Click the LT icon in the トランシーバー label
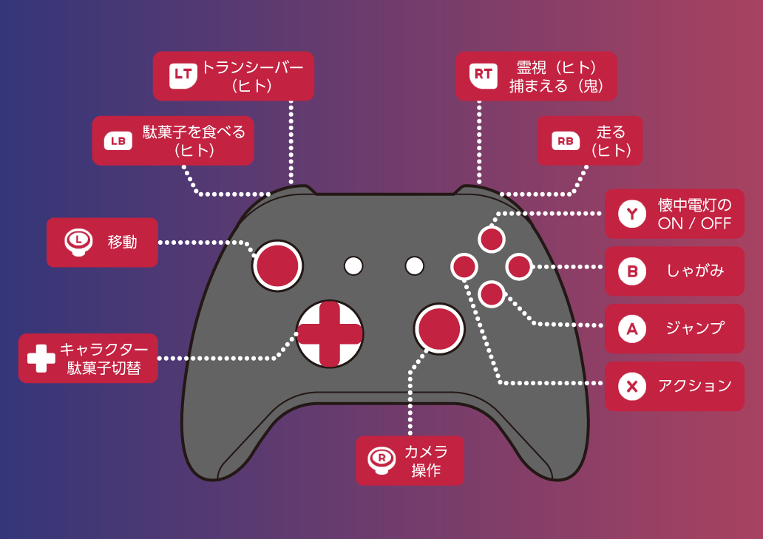[x=183, y=75]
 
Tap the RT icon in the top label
[x=483, y=75]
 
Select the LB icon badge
[x=118, y=140]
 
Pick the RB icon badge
[x=564, y=140]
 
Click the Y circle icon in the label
[x=631, y=214]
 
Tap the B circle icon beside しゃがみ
[x=631, y=271]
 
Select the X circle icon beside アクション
[x=631, y=386]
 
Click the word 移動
[x=123, y=242]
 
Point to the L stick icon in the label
[x=78, y=241]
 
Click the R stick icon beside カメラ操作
[x=381, y=460]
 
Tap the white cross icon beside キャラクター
[x=41, y=359]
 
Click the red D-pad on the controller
[x=329, y=334]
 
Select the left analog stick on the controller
[x=278, y=265]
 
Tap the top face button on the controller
[x=492, y=239]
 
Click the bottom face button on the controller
[x=492, y=294]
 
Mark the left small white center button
[x=353, y=265]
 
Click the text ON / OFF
[x=694, y=223]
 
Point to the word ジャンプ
[x=694, y=328]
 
